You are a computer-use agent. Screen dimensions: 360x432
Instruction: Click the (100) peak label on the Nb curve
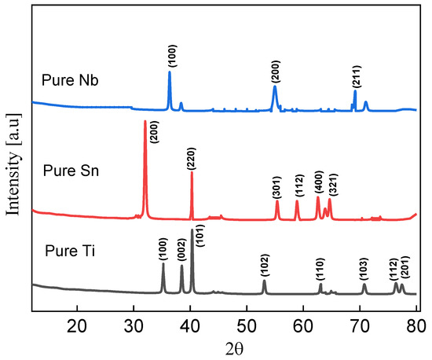point(172,56)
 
